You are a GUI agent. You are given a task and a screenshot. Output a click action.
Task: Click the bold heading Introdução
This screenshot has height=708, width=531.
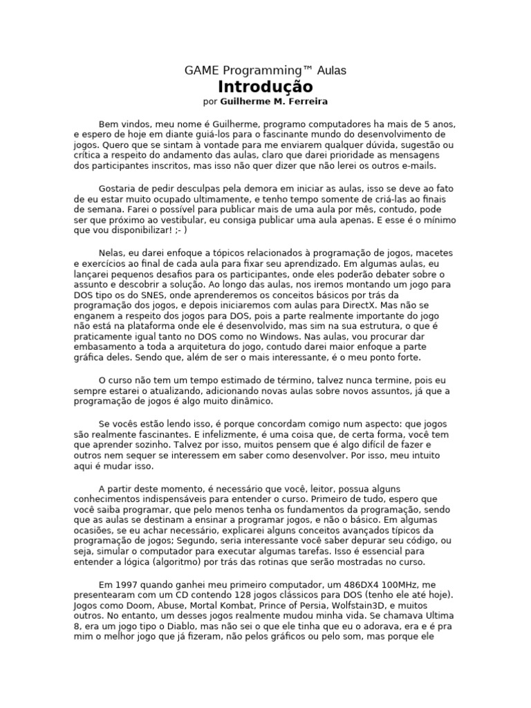pos(265,86)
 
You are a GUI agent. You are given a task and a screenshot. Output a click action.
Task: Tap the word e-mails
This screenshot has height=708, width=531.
pos(417,166)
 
